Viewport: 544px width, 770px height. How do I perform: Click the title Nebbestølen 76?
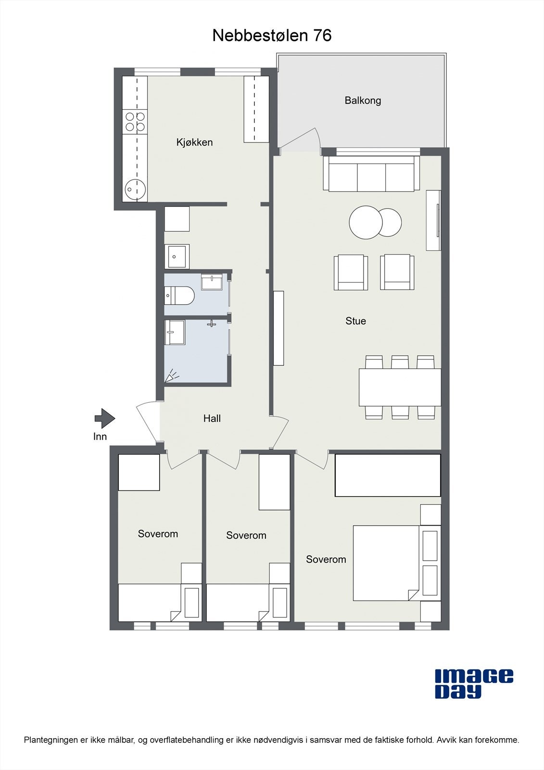[x=272, y=36]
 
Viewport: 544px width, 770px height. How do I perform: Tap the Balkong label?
[x=363, y=101]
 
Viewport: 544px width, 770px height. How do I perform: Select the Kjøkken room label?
[x=194, y=142]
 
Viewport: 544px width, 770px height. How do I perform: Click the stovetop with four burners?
[x=135, y=122]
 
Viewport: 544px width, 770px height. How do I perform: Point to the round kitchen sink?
[x=134, y=190]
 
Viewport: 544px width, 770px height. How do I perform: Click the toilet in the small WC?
[x=179, y=295]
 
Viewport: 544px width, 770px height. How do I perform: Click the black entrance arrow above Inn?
[x=104, y=418]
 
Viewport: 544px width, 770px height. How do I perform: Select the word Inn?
[x=100, y=437]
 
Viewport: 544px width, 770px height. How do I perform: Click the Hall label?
[x=212, y=419]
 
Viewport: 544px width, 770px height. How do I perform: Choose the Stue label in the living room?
[x=355, y=321]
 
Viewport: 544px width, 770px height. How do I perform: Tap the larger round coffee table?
[x=366, y=222]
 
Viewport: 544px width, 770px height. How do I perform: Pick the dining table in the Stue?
[x=400, y=387]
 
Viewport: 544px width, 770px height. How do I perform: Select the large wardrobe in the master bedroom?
[x=388, y=475]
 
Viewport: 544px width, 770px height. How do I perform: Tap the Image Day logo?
[x=473, y=683]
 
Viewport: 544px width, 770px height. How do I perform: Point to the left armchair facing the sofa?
[x=351, y=272]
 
